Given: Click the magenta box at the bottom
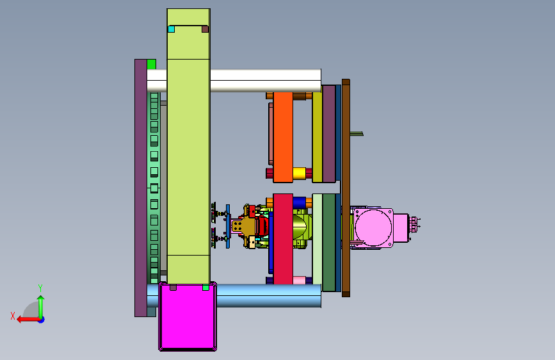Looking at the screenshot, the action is point(188,316).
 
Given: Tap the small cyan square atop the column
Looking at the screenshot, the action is point(172,29).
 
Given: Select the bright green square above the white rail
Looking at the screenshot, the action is point(152,64).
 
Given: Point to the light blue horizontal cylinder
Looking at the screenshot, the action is point(269,295).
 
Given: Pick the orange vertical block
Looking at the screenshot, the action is point(283,137).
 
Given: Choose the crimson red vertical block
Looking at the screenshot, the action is point(283,239).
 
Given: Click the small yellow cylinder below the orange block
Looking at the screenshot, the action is point(299,173).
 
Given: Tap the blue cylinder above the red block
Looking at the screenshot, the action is point(299,202).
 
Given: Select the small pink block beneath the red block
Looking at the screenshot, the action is point(299,281).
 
